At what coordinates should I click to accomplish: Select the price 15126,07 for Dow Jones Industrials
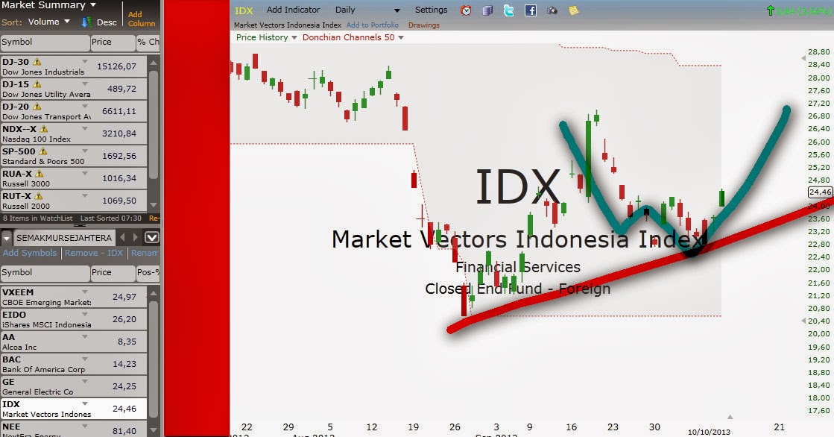coord(116,67)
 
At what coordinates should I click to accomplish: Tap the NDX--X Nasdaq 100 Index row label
coord(19,129)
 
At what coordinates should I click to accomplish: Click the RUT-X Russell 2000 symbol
coord(17,196)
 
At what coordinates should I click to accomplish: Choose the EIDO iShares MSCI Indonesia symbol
coord(15,314)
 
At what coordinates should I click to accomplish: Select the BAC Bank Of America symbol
coord(12,359)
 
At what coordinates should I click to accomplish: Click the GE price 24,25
coord(123,387)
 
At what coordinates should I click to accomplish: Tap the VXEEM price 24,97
coord(123,298)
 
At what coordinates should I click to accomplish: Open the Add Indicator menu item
coord(293,10)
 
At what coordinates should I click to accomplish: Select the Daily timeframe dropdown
coord(346,10)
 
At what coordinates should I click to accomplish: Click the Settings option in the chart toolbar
coord(431,10)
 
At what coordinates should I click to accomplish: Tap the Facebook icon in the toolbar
coord(531,10)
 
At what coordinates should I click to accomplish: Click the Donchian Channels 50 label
coord(348,37)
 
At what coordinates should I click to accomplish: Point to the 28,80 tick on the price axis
coord(818,52)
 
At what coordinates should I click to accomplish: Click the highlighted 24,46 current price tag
coord(819,192)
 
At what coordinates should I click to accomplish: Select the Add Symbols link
coord(29,253)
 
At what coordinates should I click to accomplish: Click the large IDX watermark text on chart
coord(517,186)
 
